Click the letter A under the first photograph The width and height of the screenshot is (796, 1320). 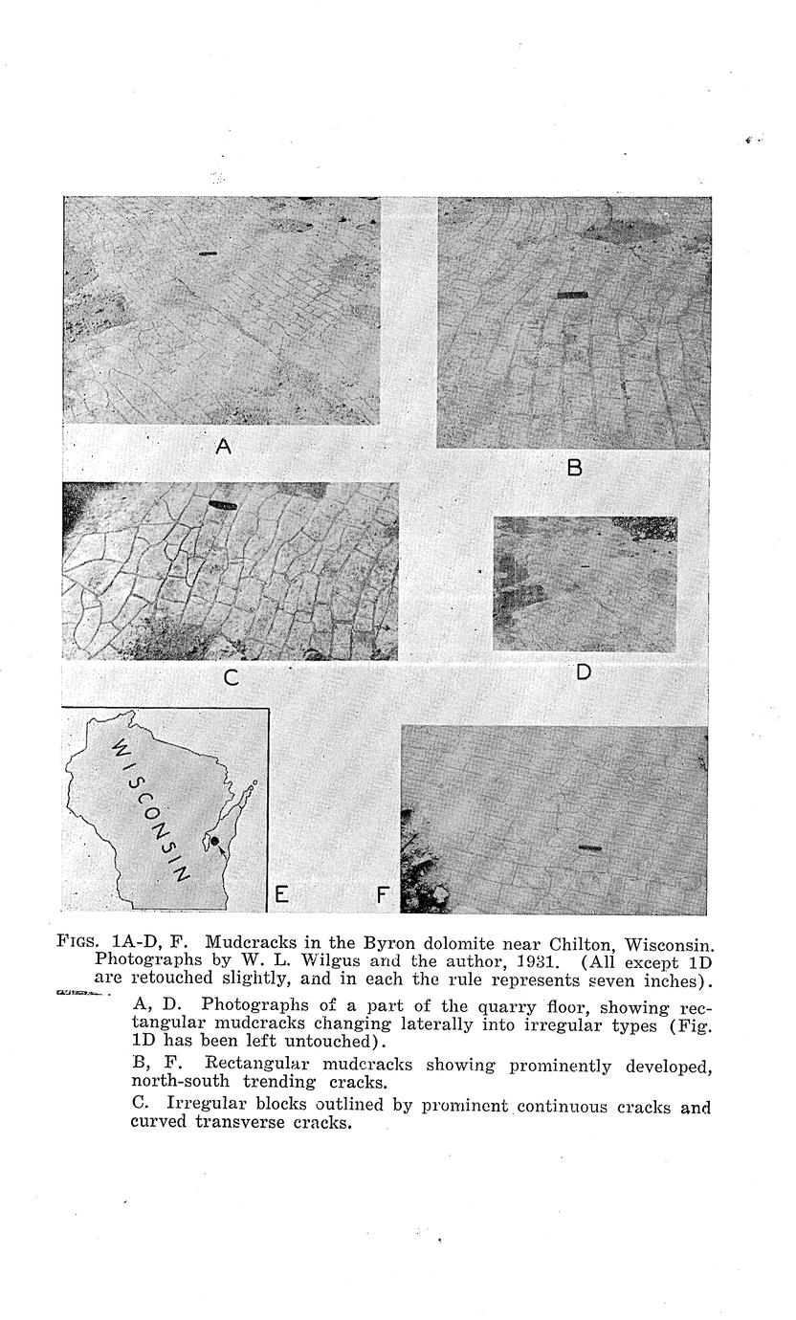tap(224, 446)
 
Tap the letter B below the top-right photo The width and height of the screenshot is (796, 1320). tap(575, 467)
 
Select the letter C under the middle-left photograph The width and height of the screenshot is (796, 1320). tap(231, 678)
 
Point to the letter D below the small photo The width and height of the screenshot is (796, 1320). tap(584, 671)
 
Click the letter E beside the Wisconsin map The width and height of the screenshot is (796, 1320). tap(281, 894)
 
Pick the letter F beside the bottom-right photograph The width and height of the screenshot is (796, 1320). tap(383, 895)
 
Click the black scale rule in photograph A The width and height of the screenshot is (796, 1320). tap(208, 253)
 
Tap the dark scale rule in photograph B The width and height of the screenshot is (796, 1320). tap(571, 295)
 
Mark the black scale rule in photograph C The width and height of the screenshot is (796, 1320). tap(221, 504)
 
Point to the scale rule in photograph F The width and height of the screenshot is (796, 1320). tap(590, 847)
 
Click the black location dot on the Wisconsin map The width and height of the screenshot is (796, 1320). tap(215, 841)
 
